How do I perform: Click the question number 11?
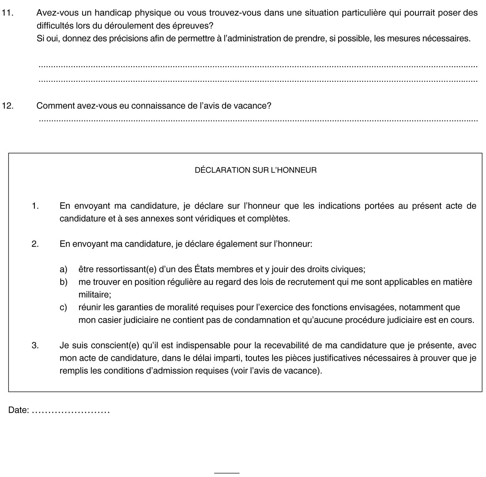click(x=7, y=13)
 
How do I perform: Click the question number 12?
click(x=7, y=106)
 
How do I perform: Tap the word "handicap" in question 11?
click(x=107, y=13)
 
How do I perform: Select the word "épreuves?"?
click(x=196, y=26)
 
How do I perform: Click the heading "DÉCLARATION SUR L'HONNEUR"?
click(x=256, y=170)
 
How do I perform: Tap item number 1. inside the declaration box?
click(x=35, y=206)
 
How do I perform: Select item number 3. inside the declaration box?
click(x=35, y=345)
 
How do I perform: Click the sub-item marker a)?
click(x=63, y=269)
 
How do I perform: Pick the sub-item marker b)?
click(x=63, y=282)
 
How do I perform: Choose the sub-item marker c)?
click(x=63, y=307)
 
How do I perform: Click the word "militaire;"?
click(x=95, y=294)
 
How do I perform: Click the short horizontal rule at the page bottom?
click(x=227, y=473)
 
